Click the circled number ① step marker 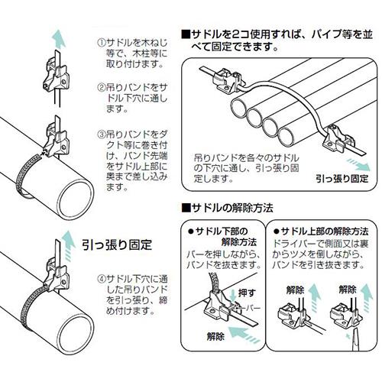click(102, 42)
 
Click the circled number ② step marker click(102, 87)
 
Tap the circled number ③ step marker click(102, 134)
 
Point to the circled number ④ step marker click(102, 280)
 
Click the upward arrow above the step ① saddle click(59, 38)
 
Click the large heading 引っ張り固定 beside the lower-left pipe click(117, 244)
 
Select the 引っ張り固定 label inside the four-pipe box click(342, 178)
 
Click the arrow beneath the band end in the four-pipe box click(359, 164)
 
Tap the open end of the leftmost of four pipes click(239, 108)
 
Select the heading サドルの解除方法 click(228, 209)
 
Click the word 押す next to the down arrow click(247, 293)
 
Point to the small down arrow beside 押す click(232, 295)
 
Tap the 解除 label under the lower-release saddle click(215, 337)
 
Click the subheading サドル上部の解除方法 click(321, 231)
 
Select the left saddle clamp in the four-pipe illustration click(227, 80)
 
